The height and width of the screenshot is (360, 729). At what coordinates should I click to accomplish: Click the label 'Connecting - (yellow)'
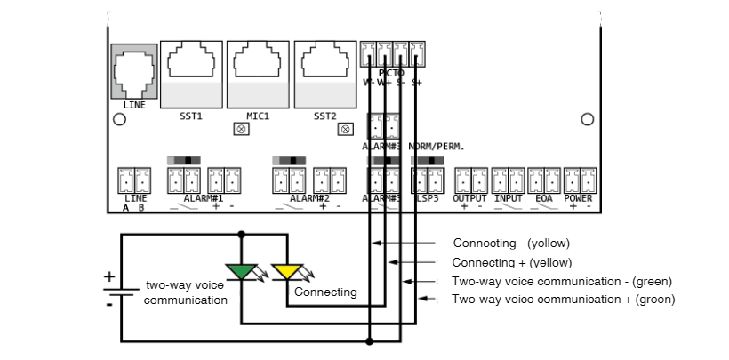point(511,243)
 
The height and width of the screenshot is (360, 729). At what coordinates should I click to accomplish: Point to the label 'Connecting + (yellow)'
point(512,262)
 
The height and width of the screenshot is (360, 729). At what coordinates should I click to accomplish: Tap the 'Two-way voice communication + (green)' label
point(564,300)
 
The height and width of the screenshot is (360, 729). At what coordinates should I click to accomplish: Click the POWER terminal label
point(579,198)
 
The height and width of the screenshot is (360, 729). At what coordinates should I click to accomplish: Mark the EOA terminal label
point(544,198)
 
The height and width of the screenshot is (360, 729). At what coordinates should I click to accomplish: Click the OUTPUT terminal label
point(470,198)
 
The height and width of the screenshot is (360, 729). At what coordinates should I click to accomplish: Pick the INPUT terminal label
point(509,198)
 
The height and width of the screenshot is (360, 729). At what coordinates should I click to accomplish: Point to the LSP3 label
point(428,198)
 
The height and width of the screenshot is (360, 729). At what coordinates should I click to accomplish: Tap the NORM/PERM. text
point(437,146)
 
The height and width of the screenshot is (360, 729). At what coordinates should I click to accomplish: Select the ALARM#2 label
point(310,198)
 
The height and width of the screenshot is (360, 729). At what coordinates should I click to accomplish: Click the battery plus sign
point(109,276)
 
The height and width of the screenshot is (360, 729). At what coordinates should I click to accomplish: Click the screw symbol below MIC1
point(241,129)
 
